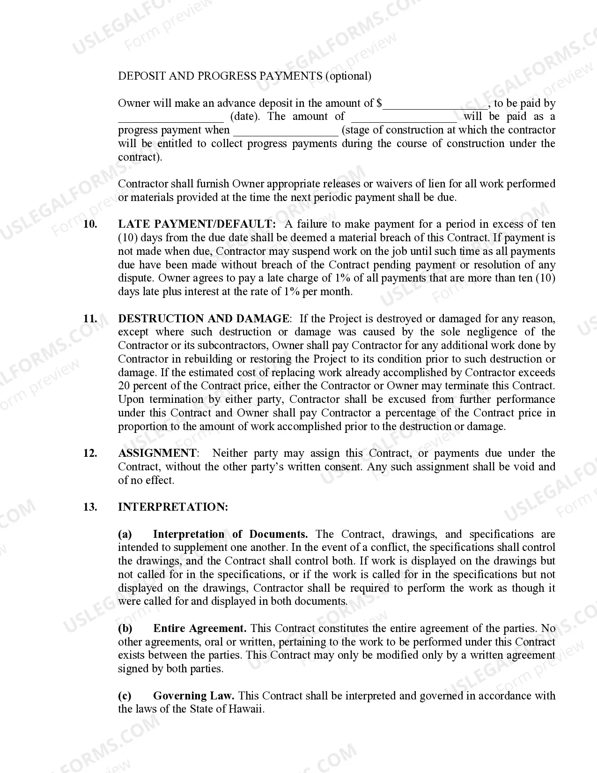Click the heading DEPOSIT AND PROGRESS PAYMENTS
pyautogui.click(x=220, y=76)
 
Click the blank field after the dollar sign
pyautogui.click(x=435, y=104)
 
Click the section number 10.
pyautogui.click(x=90, y=224)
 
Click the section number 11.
pyautogui.click(x=90, y=319)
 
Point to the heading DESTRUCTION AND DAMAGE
pyautogui.click(x=204, y=319)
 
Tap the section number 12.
pyautogui.click(x=90, y=453)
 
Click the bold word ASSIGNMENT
pyautogui.click(x=157, y=453)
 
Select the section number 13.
pyautogui.click(x=90, y=507)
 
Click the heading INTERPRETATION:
pyautogui.click(x=173, y=507)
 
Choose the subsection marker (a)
pyautogui.click(x=125, y=534)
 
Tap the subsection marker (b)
pyautogui.click(x=125, y=628)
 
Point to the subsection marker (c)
pyautogui.click(x=125, y=696)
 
